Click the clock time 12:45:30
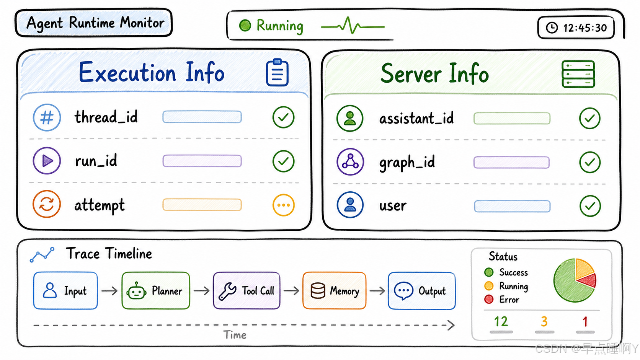click(x=585, y=28)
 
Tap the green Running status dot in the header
click(x=245, y=25)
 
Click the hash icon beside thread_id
click(x=47, y=117)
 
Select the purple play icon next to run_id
click(x=47, y=161)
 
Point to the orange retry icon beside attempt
click(x=47, y=204)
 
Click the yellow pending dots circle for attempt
click(x=283, y=205)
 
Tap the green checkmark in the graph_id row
click(x=590, y=162)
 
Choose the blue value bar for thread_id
click(x=202, y=117)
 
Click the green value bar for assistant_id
click(x=512, y=118)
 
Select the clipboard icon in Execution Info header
click(x=277, y=72)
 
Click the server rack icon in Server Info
click(x=578, y=74)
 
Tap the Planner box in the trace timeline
click(x=156, y=291)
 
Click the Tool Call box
click(x=247, y=291)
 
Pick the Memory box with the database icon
click(x=334, y=291)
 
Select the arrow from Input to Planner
click(x=109, y=291)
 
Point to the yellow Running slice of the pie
click(x=583, y=268)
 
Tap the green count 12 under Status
click(x=501, y=321)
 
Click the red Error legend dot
click(x=489, y=299)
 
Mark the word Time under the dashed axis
click(x=235, y=335)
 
